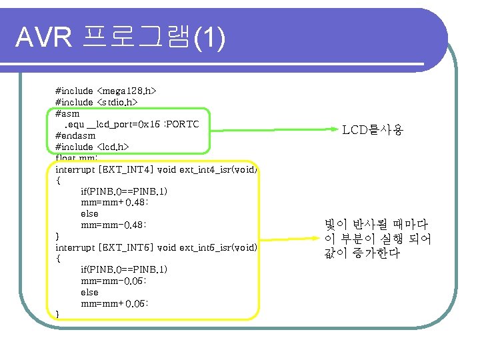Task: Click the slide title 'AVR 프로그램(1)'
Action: click(121, 39)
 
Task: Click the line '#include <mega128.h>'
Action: click(105, 89)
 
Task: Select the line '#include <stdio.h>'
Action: click(96, 101)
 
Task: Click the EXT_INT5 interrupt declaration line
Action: click(156, 247)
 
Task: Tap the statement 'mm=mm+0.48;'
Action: click(114, 202)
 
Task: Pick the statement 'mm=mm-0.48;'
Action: click(114, 225)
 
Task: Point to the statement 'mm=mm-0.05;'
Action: click(114, 281)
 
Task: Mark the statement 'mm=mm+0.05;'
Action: click(114, 303)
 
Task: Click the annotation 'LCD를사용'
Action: click(373, 131)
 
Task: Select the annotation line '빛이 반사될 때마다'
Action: click(376, 225)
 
